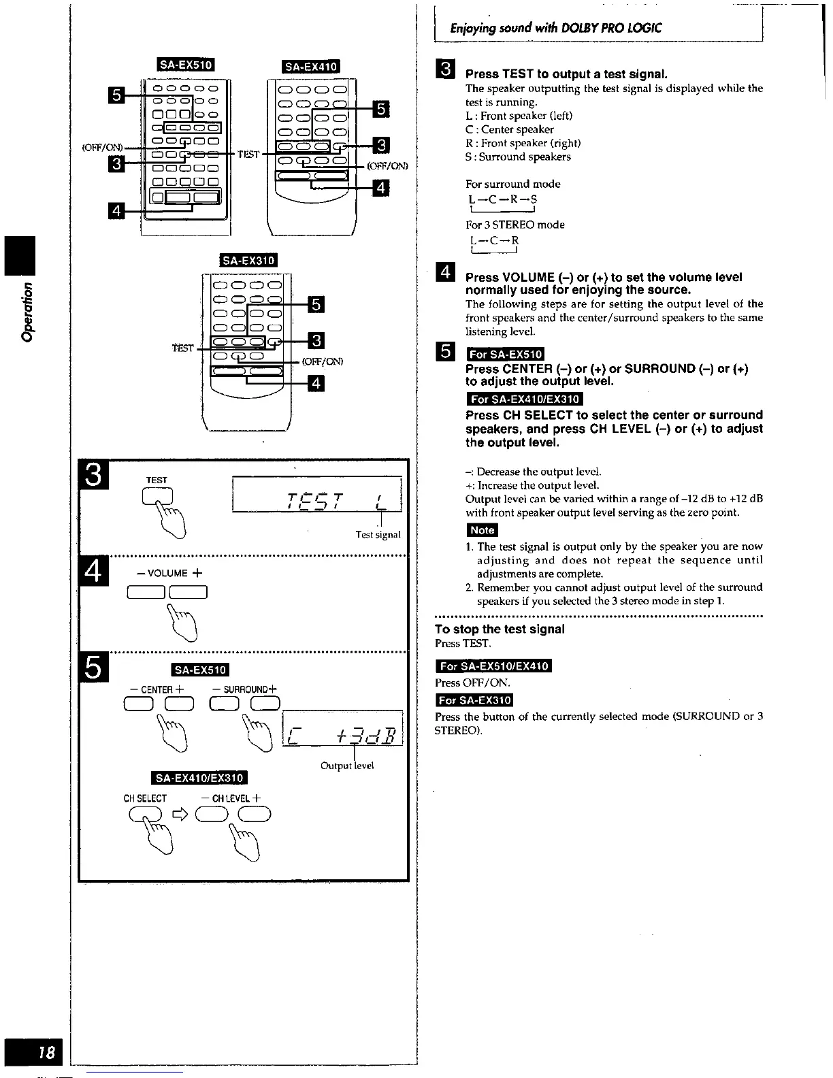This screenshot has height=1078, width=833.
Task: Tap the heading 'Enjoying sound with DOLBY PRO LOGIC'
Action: pyautogui.click(x=555, y=29)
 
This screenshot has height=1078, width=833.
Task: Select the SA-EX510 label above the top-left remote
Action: pyautogui.click(x=186, y=65)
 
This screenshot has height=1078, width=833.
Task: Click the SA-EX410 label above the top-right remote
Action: pyautogui.click(x=310, y=66)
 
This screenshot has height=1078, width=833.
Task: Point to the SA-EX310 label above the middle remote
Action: pyautogui.click(x=248, y=261)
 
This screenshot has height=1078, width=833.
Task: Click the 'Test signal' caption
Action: pyautogui.click(x=378, y=535)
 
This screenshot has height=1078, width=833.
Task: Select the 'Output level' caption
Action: pyautogui.click(x=347, y=766)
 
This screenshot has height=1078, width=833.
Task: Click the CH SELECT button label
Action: pyautogui.click(x=145, y=798)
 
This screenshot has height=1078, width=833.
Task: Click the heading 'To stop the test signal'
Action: pyautogui.click(x=500, y=629)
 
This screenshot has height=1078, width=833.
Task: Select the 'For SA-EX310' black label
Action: pyautogui.click(x=474, y=700)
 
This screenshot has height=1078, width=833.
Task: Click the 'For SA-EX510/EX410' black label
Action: pyautogui.click(x=493, y=666)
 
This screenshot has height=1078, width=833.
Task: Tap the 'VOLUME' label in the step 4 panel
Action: pyautogui.click(x=165, y=573)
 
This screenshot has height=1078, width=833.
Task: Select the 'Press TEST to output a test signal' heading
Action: pyautogui.click(x=566, y=73)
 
